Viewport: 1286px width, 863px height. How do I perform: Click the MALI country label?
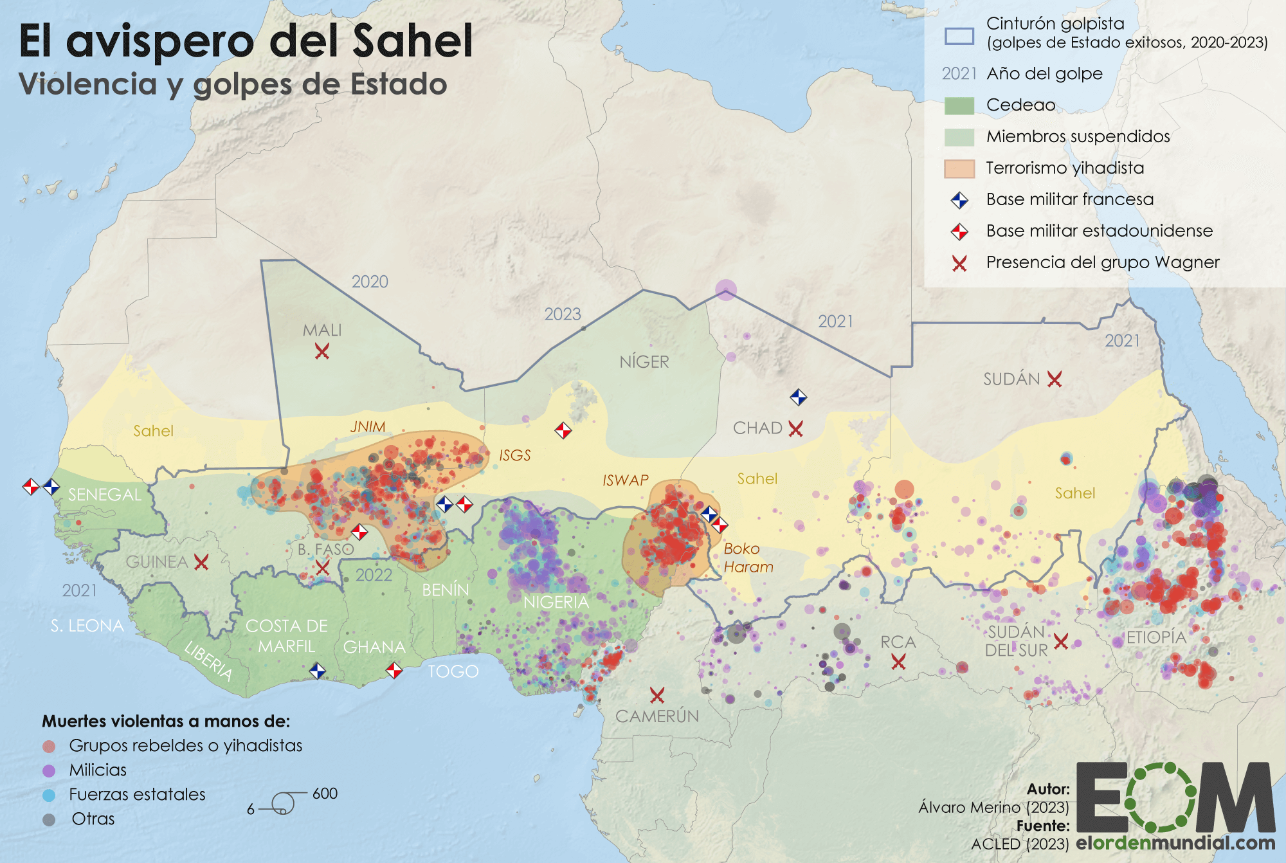pyautogui.click(x=322, y=330)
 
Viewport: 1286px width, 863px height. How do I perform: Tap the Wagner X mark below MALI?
pyautogui.click(x=322, y=351)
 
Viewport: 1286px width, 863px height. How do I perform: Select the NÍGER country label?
pyautogui.click(x=644, y=362)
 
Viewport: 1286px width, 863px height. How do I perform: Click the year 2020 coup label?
pyautogui.click(x=370, y=282)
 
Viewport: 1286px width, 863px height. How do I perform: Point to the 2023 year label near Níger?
pyautogui.click(x=563, y=314)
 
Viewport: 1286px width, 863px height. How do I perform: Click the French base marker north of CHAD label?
pyautogui.click(x=798, y=397)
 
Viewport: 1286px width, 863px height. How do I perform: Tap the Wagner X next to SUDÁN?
pyautogui.click(x=1055, y=379)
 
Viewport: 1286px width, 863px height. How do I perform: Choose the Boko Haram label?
pyautogui.click(x=748, y=558)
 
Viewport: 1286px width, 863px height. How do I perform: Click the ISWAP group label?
pyautogui.click(x=625, y=480)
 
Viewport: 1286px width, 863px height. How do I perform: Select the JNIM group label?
pyautogui.click(x=368, y=427)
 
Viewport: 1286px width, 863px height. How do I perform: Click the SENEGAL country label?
pyautogui.click(x=105, y=495)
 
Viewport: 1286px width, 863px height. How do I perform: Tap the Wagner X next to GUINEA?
pyautogui.click(x=201, y=563)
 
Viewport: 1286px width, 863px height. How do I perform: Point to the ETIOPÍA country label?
pyautogui.click(x=1156, y=637)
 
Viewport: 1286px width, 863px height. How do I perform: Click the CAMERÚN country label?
pyautogui.click(x=657, y=716)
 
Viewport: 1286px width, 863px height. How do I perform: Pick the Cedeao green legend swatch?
pyautogui.click(x=959, y=105)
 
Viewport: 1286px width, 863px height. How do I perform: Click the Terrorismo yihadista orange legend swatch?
pyautogui.click(x=959, y=168)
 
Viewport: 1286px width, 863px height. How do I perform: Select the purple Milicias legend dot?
pyautogui.click(x=49, y=770)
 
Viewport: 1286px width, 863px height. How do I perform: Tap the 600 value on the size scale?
pyautogui.click(x=325, y=794)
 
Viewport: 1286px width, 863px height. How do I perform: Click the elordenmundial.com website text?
pyautogui.click(x=1175, y=842)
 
